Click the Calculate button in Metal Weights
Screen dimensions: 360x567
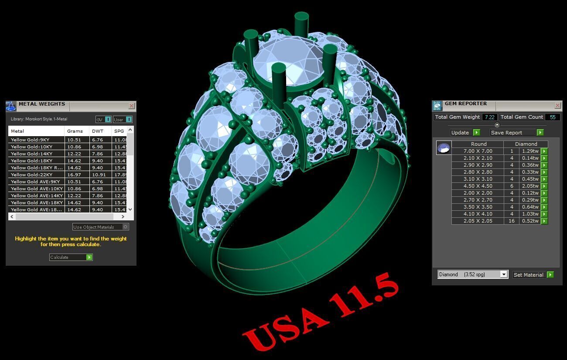point(71,257)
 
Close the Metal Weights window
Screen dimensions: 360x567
point(131,106)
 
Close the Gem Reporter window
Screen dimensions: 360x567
point(557,105)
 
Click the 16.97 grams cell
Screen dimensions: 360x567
point(75,175)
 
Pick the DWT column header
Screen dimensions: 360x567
point(98,131)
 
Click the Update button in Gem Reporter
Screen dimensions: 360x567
point(465,132)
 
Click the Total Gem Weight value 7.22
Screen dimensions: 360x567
point(489,117)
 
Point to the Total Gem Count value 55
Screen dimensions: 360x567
point(553,117)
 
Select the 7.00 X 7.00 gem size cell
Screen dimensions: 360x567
point(478,151)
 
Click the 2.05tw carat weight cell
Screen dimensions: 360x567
point(529,186)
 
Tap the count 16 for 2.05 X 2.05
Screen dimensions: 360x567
point(511,221)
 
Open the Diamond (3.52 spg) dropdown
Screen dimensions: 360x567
point(504,274)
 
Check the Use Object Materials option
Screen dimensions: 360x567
point(126,227)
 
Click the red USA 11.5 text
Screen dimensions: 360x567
point(321,312)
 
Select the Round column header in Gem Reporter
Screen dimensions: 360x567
point(478,144)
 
